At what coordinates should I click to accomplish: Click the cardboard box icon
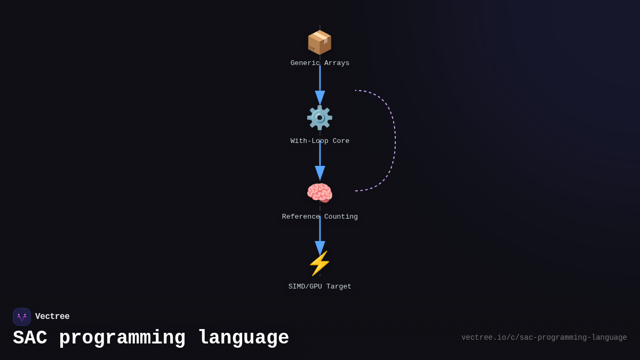(x=319, y=42)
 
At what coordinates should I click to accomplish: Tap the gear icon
(x=319, y=117)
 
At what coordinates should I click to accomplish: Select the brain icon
(x=319, y=193)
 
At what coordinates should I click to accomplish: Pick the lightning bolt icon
(x=319, y=263)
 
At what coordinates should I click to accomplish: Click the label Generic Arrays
(x=320, y=63)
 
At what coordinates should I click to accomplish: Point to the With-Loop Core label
(x=320, y=141)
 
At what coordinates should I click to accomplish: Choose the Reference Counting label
(x=320, y=217)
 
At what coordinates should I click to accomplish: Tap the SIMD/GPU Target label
(x=320, y=287)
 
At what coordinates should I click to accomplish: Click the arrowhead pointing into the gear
(x=320, y=98)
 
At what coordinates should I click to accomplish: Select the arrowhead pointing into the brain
(x=320, y=173)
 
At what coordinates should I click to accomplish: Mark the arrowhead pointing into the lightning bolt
(x=320, y=247)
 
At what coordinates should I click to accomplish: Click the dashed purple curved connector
(x=395, y=141)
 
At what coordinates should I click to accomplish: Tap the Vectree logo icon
(x=22, y=317)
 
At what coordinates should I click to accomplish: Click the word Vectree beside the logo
(x=52, y=317)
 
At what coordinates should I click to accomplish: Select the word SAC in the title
(x=30, y=338)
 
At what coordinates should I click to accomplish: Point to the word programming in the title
(x=122, y=338)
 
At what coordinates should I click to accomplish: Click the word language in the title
(x=243, y=338)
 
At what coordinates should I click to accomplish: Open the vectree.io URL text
(x=544, y=338)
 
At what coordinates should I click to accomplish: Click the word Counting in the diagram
(x=340, y=217)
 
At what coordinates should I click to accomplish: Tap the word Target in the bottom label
(x=339, y=287)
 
